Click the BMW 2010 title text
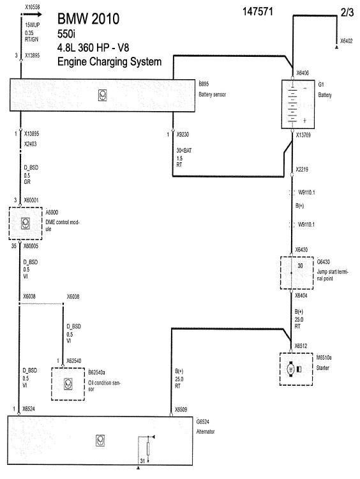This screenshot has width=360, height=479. (x=88, y=19)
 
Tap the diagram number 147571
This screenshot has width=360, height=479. (x=258, y=11)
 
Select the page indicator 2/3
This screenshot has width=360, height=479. (x=347, y=12)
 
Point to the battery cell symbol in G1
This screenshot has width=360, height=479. (x=292, y=104)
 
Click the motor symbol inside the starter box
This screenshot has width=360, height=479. (x=290, y=369)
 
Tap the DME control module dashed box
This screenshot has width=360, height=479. (x=26, y=224)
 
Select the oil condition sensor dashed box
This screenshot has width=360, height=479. (x=68, y=384)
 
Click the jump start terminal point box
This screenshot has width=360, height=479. (x=297, y=273)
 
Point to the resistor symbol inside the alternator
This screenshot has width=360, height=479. (x=148, y=448)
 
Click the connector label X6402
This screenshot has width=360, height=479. (x=346, y=41)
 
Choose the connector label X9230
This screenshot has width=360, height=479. (x=183, y=134)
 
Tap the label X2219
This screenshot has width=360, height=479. (x=302, y=169)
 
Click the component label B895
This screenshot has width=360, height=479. (x=204, y=84)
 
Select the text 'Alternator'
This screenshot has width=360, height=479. (x=206, y=431)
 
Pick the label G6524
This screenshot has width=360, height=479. (x=203, y=422)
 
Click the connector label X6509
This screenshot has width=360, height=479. (x=181, y=409)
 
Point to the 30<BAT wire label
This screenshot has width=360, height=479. (x=184, y=151)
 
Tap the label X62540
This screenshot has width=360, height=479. (x=74, y=361)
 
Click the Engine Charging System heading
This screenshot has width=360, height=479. (x=109, y=61)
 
